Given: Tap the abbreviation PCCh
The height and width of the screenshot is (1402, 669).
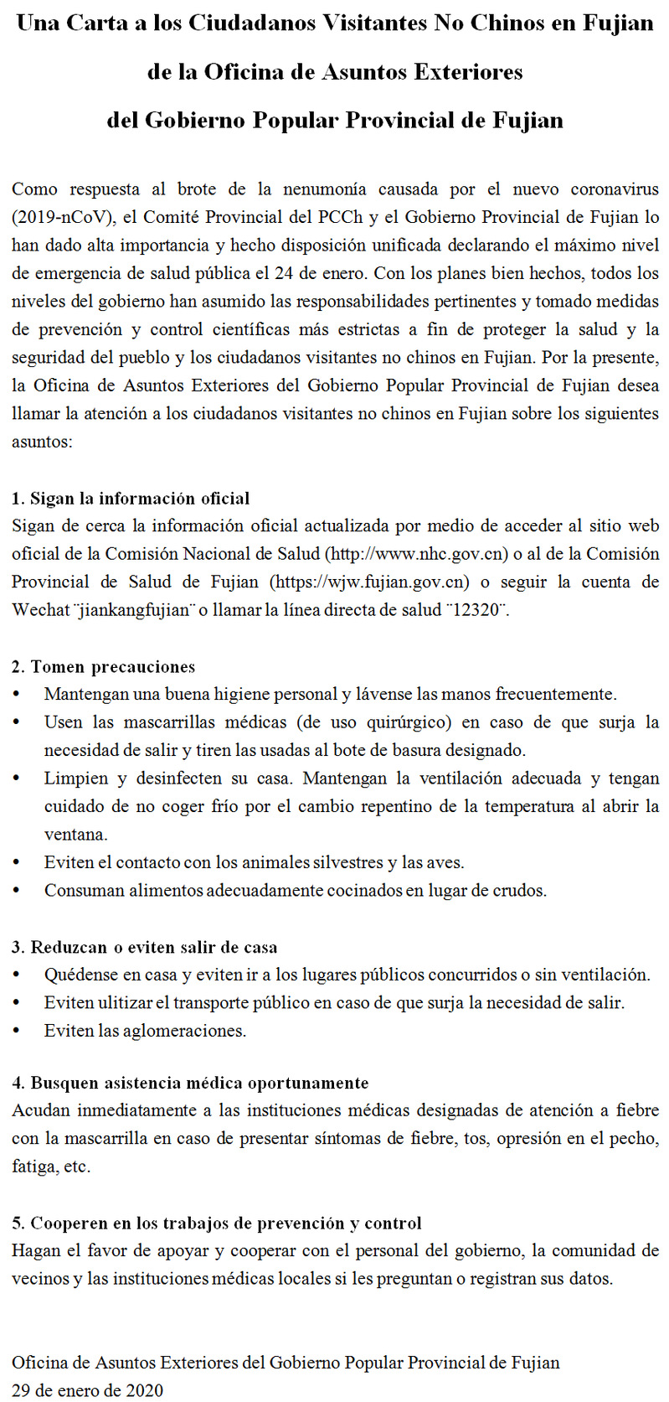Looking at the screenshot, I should click(x=340, y=217).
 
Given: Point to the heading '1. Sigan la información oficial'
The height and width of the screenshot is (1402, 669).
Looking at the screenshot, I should click(x=131, y=499).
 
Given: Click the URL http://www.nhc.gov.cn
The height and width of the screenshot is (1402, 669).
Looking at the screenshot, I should click(x=416, y=554).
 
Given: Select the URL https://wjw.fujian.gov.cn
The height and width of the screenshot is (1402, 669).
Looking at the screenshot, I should click(x=369, y=582).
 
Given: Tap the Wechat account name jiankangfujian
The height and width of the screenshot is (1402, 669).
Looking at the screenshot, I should click(x=134, y=610).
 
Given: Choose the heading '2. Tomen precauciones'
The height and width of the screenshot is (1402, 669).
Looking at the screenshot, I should click(x=104, y=667).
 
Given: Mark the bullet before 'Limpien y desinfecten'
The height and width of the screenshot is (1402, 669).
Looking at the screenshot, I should click(x=18, y=779).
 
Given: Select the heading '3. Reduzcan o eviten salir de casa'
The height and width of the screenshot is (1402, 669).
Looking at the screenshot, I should click(x=144, y=948).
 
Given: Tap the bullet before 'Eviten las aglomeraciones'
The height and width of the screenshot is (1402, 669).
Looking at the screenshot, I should click(x=18, y=1031).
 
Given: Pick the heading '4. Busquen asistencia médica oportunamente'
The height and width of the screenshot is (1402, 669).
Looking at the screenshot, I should click(x=190, y=1083).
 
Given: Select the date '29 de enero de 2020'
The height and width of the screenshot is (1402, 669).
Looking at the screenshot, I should click(x=88, y=1390).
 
